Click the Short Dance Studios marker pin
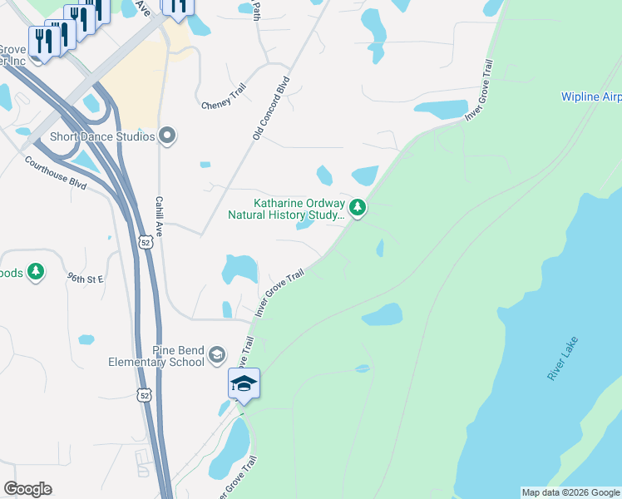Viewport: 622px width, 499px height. (168, 136)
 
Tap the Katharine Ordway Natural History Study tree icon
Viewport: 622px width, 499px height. (358, 207)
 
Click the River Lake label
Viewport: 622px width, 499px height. (562, 358)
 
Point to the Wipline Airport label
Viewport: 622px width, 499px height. (590, 97)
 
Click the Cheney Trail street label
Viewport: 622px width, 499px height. (224, 106)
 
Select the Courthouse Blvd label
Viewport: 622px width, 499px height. (55, 171)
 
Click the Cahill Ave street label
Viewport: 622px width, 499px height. (158, 219)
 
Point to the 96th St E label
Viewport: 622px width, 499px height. (85, 279)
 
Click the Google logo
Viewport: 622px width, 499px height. (27, 489)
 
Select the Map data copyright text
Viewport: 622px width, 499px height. (570, 492)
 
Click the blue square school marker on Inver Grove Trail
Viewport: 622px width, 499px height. (244, 383)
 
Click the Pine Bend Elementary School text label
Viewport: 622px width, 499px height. (156, 356)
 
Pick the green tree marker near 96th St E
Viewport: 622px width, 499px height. (35, 271)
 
